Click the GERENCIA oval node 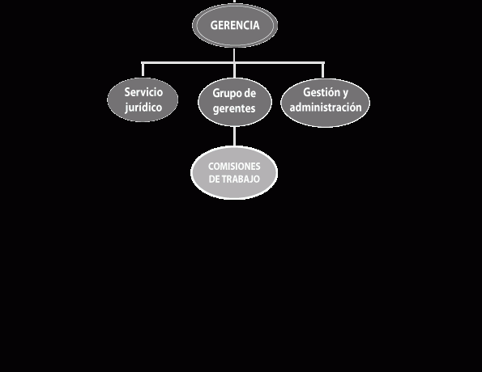pyautogui.click(x=235, y=26)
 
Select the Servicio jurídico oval pyautogui.click(x=143, y=99)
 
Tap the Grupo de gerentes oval pyautogui.click(x=235, y=102)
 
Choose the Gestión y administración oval pyautogui.click(x=325, y=103)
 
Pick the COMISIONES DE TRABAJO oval pyautogui.click(x=234, y=173)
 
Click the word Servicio pyautogui.click(x=143, y=92)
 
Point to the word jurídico pyautogui.click(x=143, y=108)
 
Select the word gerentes pyautogui.click(x=234, y=108)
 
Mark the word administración pyautogui.click(x=326, y=107)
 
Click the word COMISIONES pyautogui.click(x=234, y=167)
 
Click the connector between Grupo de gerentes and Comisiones pyautogui.click(x=235, y=137)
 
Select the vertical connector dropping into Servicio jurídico pyautogui.click(x=143, y=70)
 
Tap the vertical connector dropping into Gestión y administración pyautogui.click(x=322, y=70)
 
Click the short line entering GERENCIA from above pyautogui.click(x=235, y=2)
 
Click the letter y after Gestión pyautogui.click(x=345, y=93)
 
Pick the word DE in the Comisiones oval pyautogui.click(x=214, y=179)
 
